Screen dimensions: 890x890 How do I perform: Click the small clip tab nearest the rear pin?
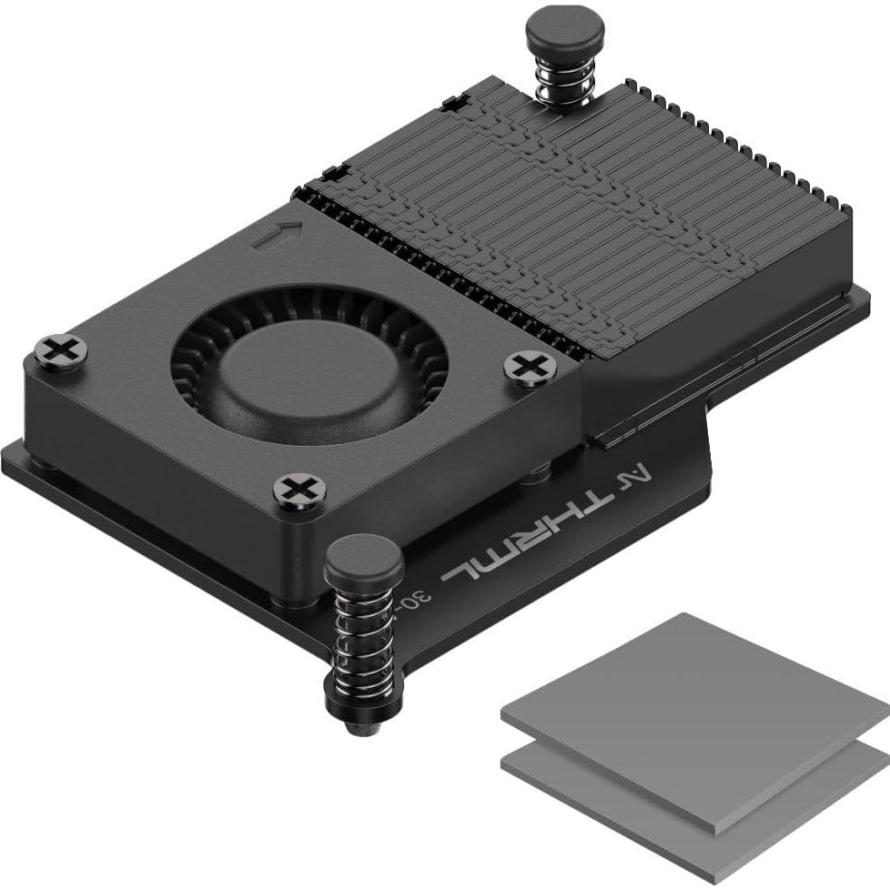(452, 104)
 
